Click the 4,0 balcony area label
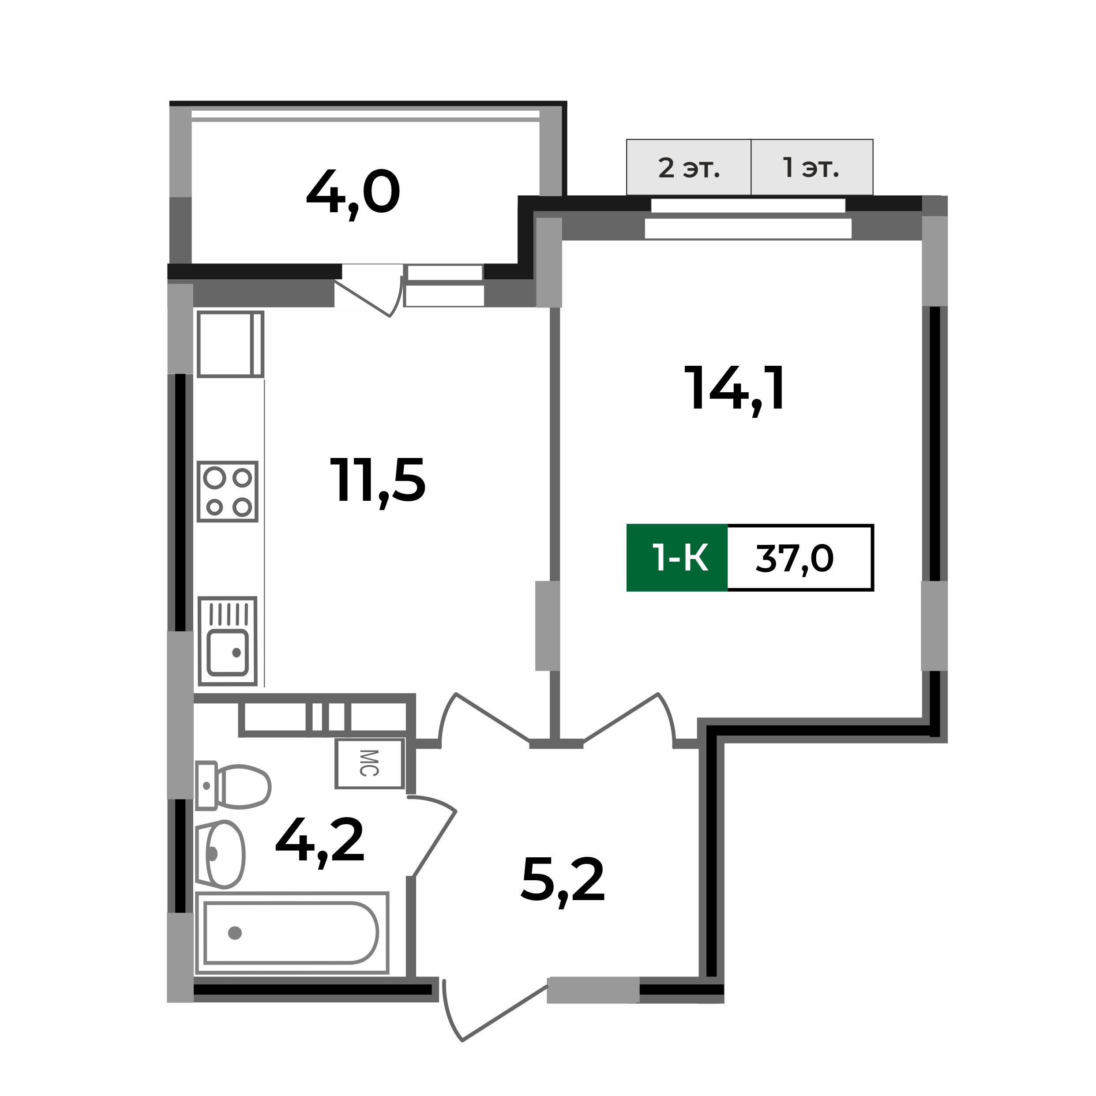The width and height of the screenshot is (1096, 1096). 353,195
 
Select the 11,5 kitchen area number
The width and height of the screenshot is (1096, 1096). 377,482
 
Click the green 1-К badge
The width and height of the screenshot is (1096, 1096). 677,558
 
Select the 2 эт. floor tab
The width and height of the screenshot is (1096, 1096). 688,168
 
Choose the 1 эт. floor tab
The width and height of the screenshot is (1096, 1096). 811,168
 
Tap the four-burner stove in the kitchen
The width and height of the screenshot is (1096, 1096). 228,491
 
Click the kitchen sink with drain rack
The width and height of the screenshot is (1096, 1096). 228,641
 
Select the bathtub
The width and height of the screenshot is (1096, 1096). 291,933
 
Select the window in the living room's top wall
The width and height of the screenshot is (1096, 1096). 748,219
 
